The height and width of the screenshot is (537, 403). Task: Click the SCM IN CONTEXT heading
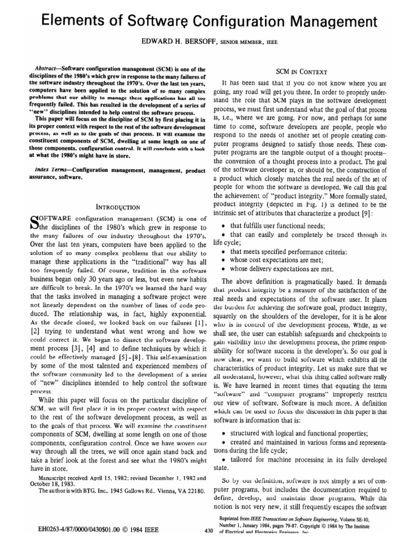302,72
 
